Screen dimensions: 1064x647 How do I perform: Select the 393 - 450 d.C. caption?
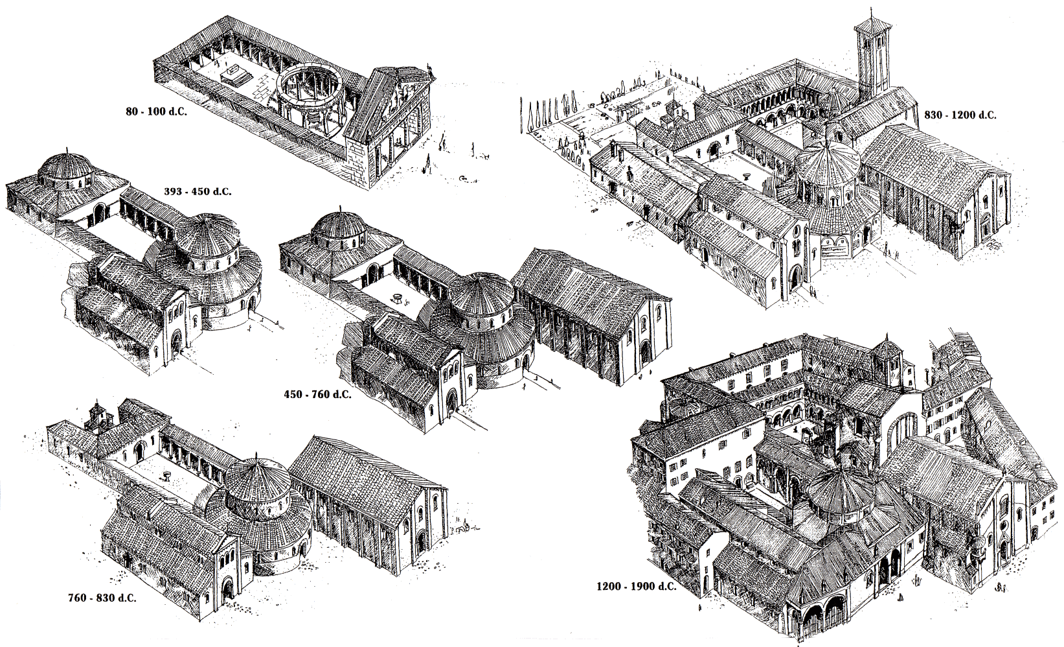point(198,192)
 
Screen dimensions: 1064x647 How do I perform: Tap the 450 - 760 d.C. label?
point(318,395)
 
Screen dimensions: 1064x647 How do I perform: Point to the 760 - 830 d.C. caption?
point(102,598)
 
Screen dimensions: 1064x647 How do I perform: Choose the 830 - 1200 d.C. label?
point(960,115)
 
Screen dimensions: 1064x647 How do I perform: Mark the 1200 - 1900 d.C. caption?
point(637,587)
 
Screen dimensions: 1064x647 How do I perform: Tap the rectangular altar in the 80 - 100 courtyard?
point(234,75)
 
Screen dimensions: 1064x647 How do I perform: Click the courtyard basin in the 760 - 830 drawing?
point(166,475)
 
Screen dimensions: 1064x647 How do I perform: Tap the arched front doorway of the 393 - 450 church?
point(176,343)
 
